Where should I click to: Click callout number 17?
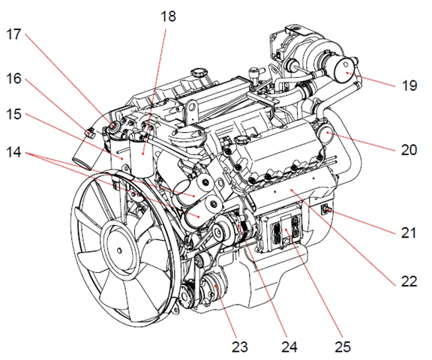pos(13,34)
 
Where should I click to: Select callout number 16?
pos(13,79)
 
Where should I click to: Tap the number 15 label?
pos(13,114)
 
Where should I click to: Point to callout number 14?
pos(13,151)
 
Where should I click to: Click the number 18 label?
pos(168,16)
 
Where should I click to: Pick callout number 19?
pos(409,85)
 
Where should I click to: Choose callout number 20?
pos(409,150)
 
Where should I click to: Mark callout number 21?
pos(409,232)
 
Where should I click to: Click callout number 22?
pos(409,281)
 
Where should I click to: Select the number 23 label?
pos(240,347)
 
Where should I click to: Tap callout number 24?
pos(289,347)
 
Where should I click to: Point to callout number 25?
pos(343,347)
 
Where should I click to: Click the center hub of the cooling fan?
pos(119,250)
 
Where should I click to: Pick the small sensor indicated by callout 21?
pos(325,210)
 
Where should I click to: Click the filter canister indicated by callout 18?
pos(142,155)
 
